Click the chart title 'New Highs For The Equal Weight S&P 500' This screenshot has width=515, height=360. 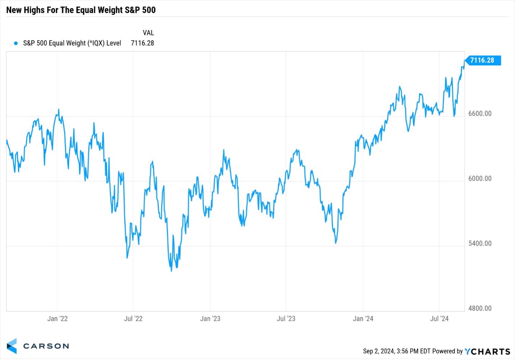(x=81, y=10)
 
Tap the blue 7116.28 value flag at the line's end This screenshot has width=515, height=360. (x=482, y=60)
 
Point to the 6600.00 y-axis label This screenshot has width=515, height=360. (x=480, y=114)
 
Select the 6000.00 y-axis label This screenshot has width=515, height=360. (x=480, y=178)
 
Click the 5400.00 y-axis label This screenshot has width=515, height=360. (x=480, y=243)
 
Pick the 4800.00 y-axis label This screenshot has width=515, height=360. (x=480, y=308)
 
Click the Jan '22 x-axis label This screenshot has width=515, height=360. (x=57, y=319)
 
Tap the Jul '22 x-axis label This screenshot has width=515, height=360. (x=133, y=319)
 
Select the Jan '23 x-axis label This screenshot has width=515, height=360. (x=210, y=319)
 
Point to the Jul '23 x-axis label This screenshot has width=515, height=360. (x=286, y=319)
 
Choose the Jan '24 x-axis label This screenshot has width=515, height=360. (x=363, y=319)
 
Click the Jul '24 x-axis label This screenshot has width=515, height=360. (x=439, y=319)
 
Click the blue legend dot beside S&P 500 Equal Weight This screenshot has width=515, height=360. (x=16, y=43)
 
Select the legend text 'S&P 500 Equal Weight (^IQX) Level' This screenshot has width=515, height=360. (x=72, y=43)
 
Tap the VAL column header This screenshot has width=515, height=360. (x=148, y=33)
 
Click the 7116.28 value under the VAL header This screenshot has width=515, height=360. (x=142, y=43)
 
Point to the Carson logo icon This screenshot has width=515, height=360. (x=12, y=346)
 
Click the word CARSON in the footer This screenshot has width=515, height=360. (x=46, y=346)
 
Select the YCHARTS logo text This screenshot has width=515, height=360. (x=487, y=351)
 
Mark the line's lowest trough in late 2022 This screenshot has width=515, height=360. (x=171, y=271)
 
